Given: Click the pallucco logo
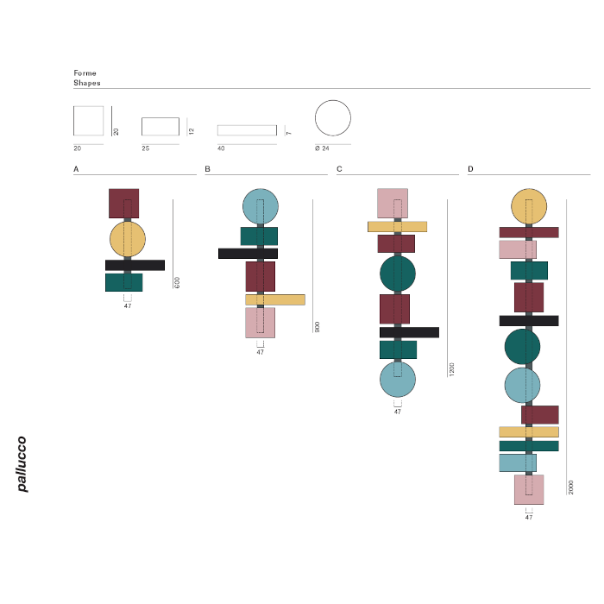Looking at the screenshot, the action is pos(22,464).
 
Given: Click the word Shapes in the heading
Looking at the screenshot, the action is pos(87,83).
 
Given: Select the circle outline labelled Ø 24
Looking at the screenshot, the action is pos(333,118).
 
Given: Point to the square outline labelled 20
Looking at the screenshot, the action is pos(89,121).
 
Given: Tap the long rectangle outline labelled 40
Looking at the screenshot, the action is pos(247,130).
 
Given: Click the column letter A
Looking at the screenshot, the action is pos(76,169).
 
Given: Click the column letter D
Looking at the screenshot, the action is pos(470,169).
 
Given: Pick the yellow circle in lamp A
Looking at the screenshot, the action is pos(128,239).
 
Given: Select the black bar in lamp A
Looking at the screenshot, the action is pos(135,265).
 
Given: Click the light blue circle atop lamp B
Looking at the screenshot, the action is pos(261,206).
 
